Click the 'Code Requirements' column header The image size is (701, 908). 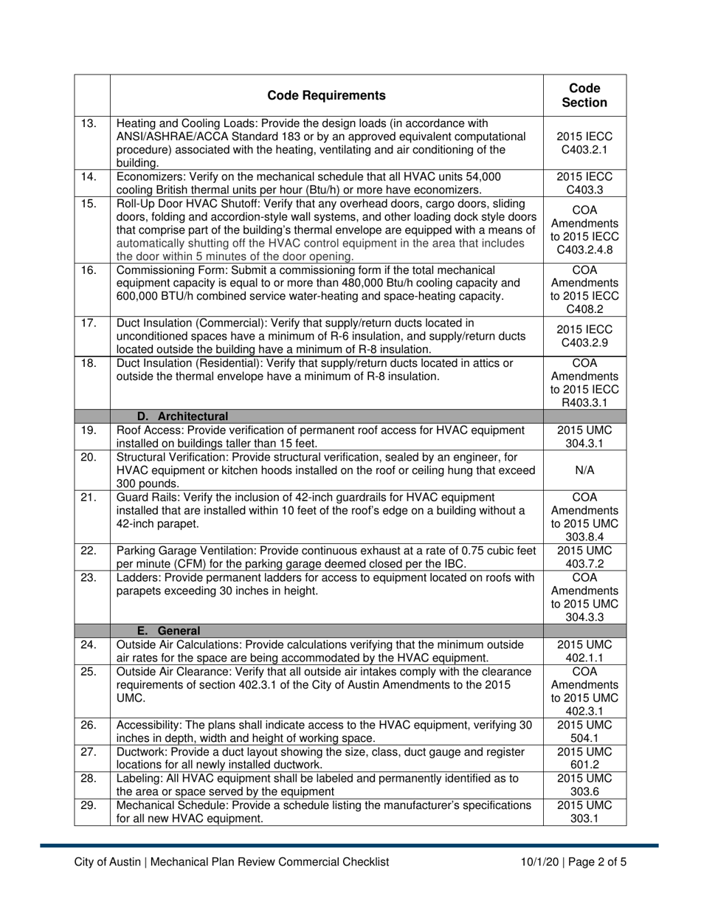[326, 95]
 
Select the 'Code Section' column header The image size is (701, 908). [584, 95]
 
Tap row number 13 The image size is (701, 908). [89, 123]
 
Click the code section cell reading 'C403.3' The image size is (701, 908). [584, 190]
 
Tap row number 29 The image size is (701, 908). [89, 805]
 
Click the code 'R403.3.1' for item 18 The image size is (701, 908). [584, 403]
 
